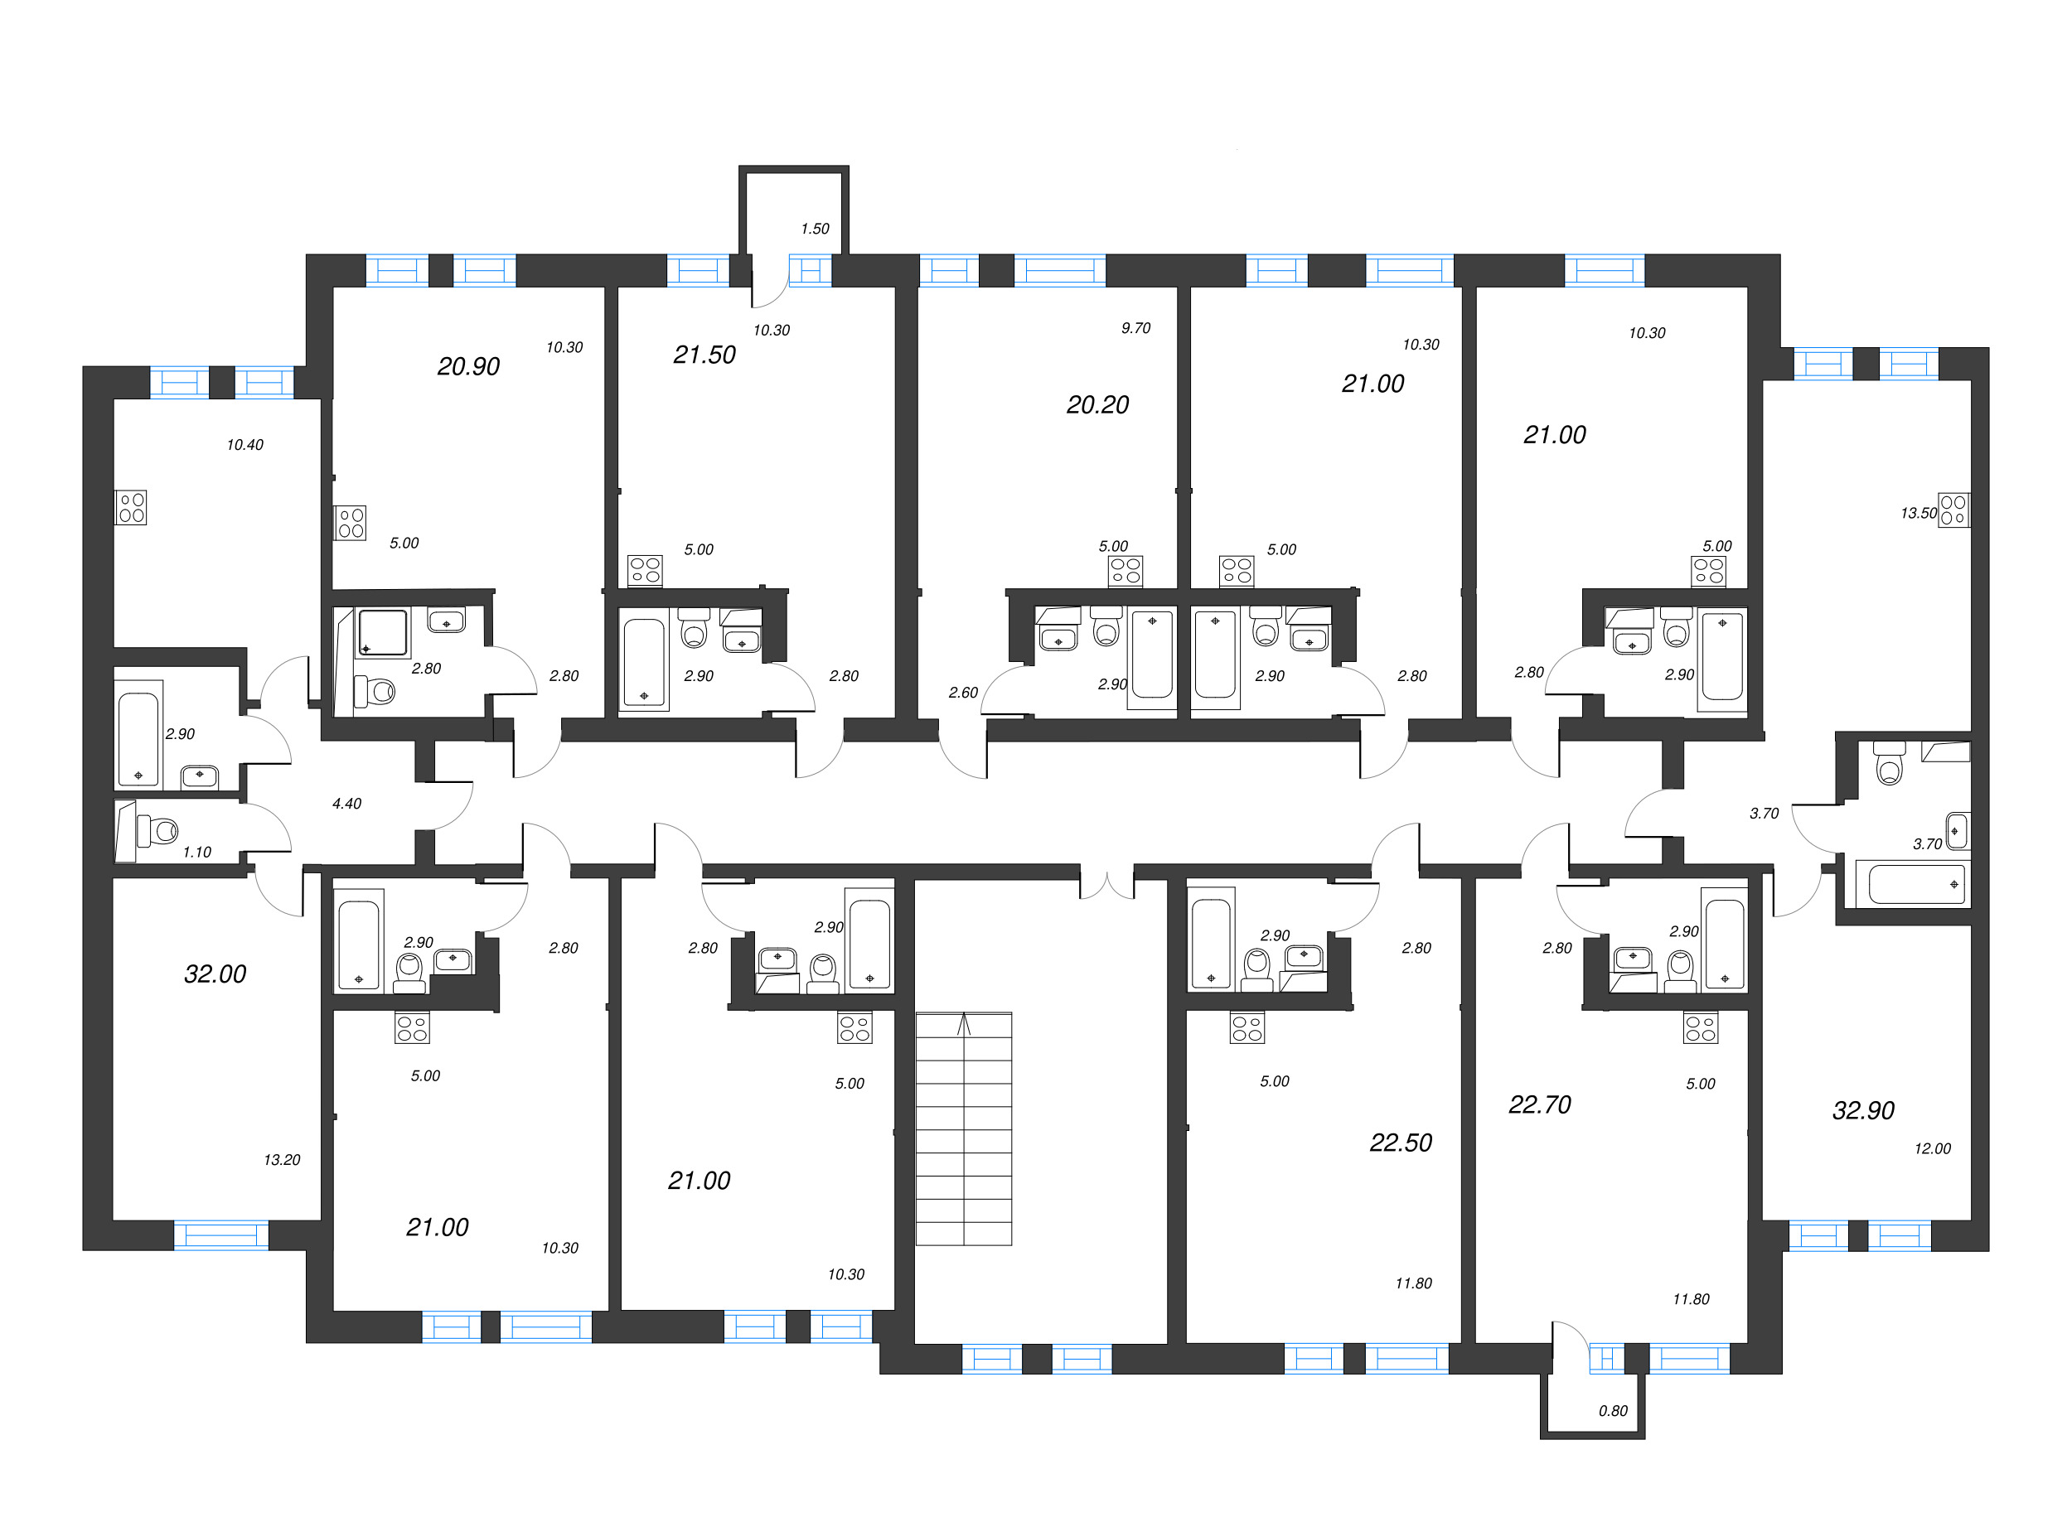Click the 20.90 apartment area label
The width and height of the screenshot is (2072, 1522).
[x=468, y=367]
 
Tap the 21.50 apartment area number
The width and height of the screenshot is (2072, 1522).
[x=704, y=355]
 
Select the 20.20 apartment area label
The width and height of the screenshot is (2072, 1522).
[x=1097, y=404]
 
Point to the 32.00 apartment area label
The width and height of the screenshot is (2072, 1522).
[x=215, y=974]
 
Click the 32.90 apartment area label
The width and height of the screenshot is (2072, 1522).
[x=1863, y=1110]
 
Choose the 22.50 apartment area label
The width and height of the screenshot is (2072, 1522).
[x=1400, y=1143]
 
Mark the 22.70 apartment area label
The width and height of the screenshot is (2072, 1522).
[x=1539, y=1104]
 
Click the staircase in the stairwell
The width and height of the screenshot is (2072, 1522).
[x=963, y=1128]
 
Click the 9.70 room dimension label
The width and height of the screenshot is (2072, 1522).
[x=1135, y=328]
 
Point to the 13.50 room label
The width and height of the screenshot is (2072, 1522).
[x=1918, y=513]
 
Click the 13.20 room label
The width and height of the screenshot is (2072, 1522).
[x=282, y=1160]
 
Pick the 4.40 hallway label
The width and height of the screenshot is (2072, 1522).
[x=346, y=804]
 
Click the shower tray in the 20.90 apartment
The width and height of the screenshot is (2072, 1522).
[x=383, y=633]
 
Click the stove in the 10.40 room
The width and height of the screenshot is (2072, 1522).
[x=131, y=508]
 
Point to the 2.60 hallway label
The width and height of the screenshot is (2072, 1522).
[x=963, y=693]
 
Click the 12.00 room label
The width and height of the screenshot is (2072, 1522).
[x=1932, y=1149]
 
